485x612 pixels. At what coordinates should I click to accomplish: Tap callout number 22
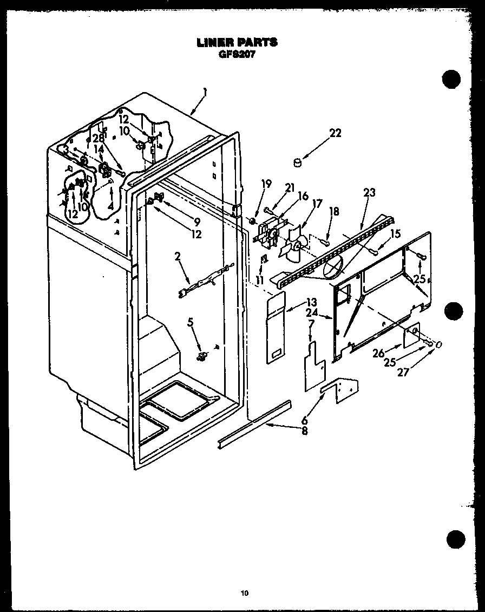click(336, 133)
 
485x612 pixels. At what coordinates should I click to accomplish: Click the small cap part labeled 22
click(297, 162)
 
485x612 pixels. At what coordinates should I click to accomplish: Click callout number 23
click(369, 192)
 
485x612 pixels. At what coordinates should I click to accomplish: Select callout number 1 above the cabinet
click(205, 92)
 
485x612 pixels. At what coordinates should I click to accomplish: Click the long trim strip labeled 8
click(254, 422)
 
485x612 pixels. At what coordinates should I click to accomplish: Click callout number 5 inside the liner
click(191, 322)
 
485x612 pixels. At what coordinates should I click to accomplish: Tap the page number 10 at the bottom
click(245, 593)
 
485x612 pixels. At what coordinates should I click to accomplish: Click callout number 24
click(312, 313)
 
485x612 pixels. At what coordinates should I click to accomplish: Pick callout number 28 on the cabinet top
click(97, 138)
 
